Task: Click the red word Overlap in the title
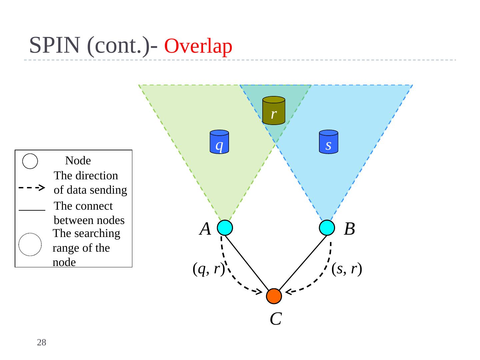pos(198,46)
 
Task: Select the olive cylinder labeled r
pos(273,111)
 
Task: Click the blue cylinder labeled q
pos(219,142)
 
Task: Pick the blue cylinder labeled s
pos(328,142)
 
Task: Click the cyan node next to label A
pos(225,228)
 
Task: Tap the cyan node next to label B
pos(327,228)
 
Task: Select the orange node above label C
pos(274,296)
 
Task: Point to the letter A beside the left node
pos(205,229)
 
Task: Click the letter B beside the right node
pos(349,229)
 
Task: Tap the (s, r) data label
pos(347,269)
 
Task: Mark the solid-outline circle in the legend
pos(30,161)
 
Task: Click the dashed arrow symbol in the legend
pos(32,188)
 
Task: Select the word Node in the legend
pos(78,161)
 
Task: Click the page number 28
pos(42,342)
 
